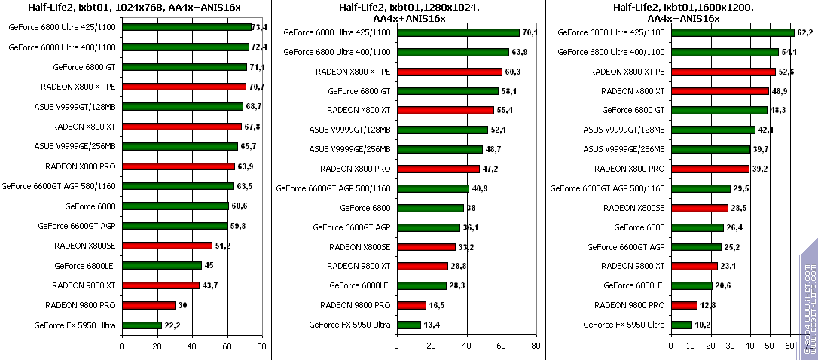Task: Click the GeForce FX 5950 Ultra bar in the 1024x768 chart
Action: pyautogui.click(x=142, y=325)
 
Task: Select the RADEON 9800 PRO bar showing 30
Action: pyautogui.click(x=148, y=305)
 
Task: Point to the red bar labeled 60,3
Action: pyautogui.click(x=449, y=72)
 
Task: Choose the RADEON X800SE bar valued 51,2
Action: pyautogui.click(x=166, y=246)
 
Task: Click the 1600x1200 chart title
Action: pyautogui.click(x=683, y=12)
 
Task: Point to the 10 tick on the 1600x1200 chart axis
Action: pyautogui.click(x=691, y=347)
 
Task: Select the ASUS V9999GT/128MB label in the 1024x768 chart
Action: pyautogui.click(x=75, y=106)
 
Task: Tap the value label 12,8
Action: pyautogui.click(x=709, y=305)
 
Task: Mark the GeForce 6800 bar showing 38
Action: pyautogui.click(x=430, y=208)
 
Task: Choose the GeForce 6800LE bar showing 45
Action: pyautogui.click(x=161, y=265)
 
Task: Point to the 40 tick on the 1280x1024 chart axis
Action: pyautogui.click(x=466, y=347)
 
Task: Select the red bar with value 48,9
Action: pyautogui.click(x=719, y=91)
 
